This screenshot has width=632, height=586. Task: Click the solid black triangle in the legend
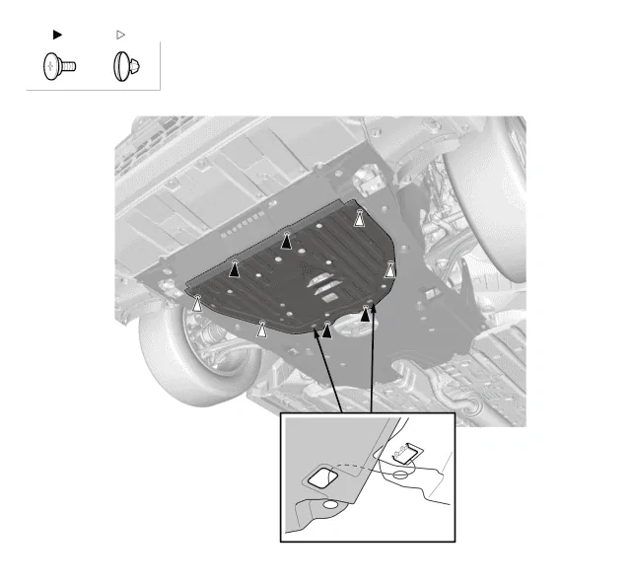[x=56, y=34]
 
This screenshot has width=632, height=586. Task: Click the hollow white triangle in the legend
[x=121, y=34]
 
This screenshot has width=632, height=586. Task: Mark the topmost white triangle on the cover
[x=360, y=219]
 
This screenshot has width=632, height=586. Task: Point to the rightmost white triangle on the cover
[x=390, y=268]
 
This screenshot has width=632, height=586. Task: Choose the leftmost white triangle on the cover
[x=197, y=304]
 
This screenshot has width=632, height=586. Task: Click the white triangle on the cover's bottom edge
[x=262, y=330]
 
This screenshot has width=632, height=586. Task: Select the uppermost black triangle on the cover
[x=287, y=240]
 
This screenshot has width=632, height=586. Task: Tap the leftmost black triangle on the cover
[x=235, y=267]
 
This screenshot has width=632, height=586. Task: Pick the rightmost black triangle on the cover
[x=365, y=315]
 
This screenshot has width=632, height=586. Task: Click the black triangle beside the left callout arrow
[x=326, y=330]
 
